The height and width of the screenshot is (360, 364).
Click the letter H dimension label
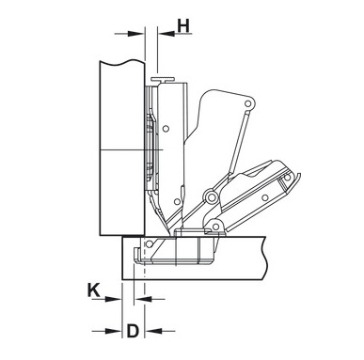tap(183, 26)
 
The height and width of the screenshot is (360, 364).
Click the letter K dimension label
tap(93, 290)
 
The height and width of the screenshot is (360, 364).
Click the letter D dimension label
tap(133, 331)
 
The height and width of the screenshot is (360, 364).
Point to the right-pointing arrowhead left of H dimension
tap(135, 34)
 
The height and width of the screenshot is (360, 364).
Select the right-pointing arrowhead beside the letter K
tap(113, 299)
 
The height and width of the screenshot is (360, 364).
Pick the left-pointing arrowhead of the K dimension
tap(142, 300)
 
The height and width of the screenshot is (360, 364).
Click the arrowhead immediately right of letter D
tap(154, 331)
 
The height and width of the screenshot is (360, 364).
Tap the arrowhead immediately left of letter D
tap(113, 331)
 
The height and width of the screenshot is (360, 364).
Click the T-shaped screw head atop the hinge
tap(163, 79)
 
